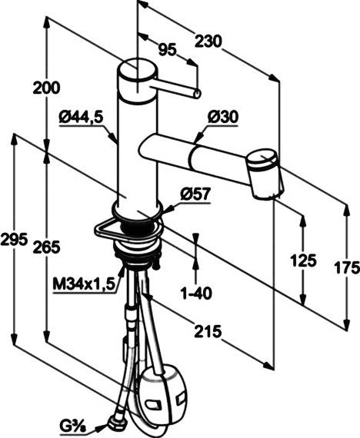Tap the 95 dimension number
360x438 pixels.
click(x=167, y=49)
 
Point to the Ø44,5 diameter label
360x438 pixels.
click(x=80, y=117)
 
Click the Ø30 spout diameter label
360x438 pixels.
click(x=223, y=116)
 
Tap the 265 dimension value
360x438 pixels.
click(x=47, y=247)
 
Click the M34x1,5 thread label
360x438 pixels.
click(x=84, y=284)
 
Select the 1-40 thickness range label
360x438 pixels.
click(x=195, y=293)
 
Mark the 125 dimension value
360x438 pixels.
click(x=304, y=260)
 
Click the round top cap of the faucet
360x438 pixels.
click(x=138, y=71)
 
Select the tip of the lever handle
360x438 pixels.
click(x=197, y=94)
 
